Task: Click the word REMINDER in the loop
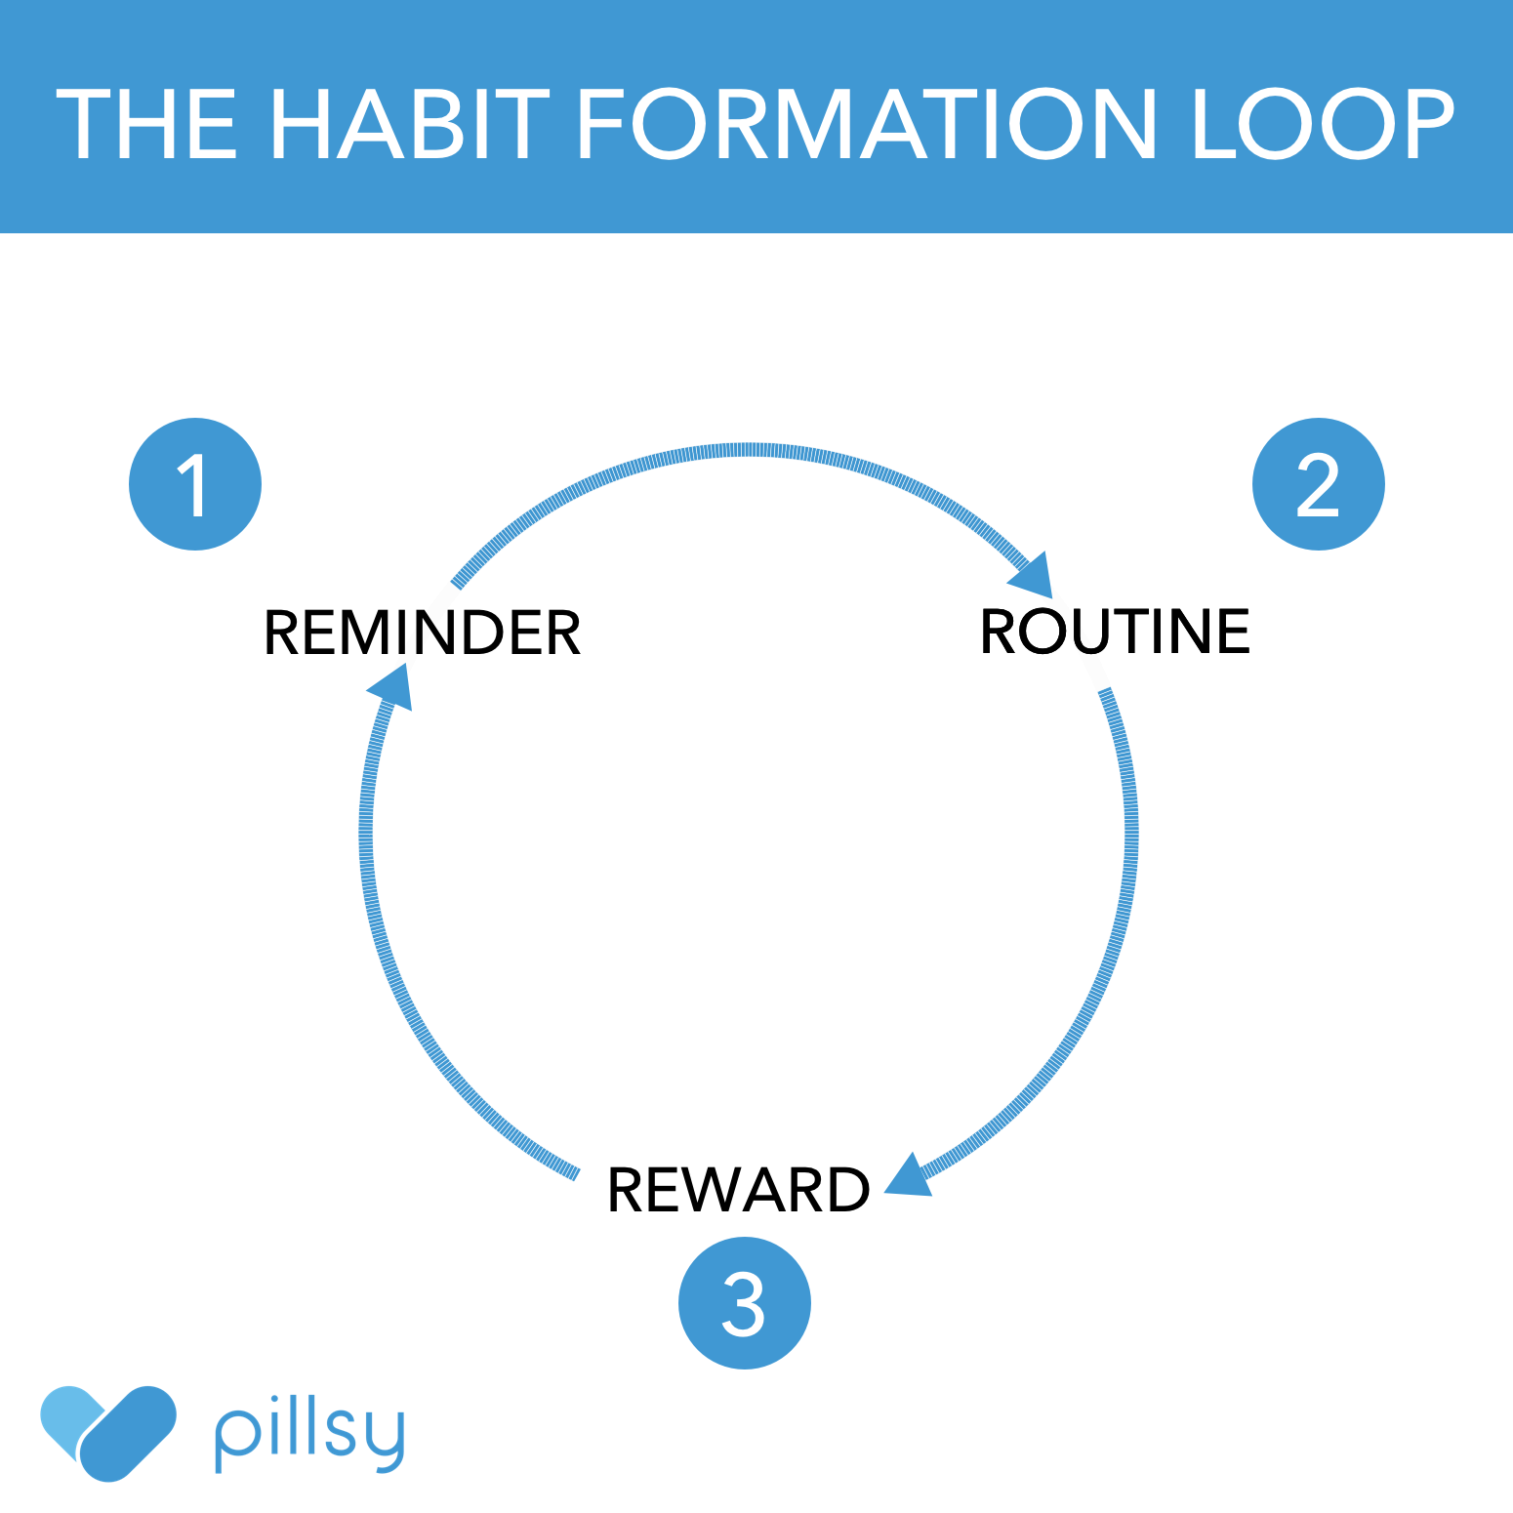pyautogui.click(x=422, y=633)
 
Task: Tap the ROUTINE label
pyautogui.click(x=1115, y=632)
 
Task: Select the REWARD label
pyautogui.click(x=738, y=1190)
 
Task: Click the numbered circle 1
pyautogui.click(x=195, y=484)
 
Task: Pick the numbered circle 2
pyautogui.click(x=1318, y=484)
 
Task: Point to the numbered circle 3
pyautogui.click(x=744, y=1303)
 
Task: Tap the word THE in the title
pyautogui.click(x=146, y=124)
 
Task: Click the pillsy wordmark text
pyautogui.click(x=309, y=1435)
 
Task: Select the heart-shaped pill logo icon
pyautogui.click(x=107, y=1432)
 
